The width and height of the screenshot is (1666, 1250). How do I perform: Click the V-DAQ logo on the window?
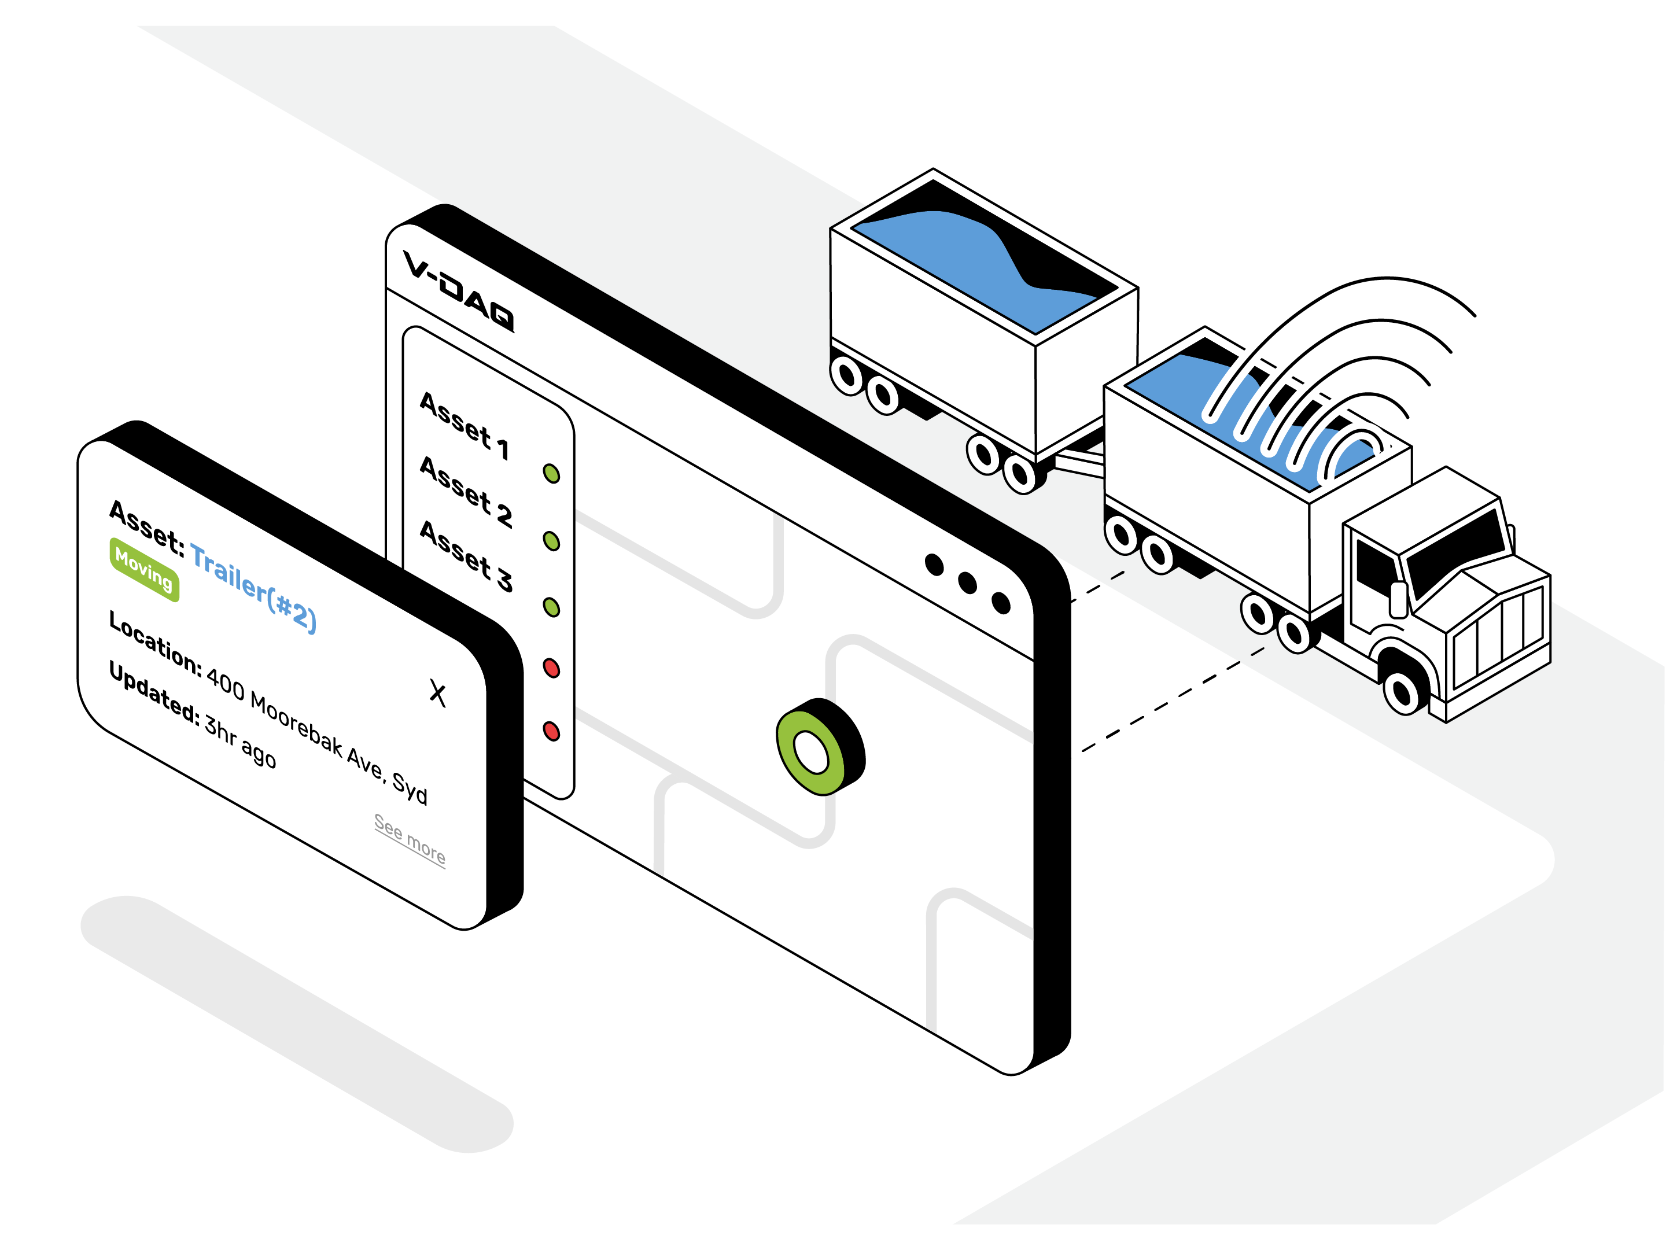[458, 290]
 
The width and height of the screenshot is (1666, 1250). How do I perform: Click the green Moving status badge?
[145, 570]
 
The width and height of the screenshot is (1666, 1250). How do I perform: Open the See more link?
[410, 838]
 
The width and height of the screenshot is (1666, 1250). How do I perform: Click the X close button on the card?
[437, 693]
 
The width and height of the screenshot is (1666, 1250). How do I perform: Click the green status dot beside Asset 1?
[551, 474]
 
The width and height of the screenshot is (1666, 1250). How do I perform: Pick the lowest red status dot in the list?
[551, 731]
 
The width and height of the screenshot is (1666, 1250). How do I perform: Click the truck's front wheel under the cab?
[1402, 689]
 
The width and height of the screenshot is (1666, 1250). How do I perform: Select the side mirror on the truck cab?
[1399, 599]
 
